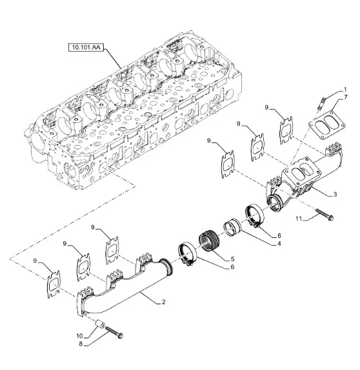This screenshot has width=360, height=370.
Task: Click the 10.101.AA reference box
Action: pos(86,48)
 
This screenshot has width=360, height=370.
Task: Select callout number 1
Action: pos(345,90)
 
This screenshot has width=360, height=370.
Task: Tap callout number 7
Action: pos(346,97)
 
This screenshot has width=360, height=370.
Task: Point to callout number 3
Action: pos(335,195)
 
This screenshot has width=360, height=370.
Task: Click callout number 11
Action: pos(299,219)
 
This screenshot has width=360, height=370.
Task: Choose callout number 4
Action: pos(279,243)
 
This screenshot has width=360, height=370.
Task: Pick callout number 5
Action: pos(232,259)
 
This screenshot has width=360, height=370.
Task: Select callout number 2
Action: pos(163,302)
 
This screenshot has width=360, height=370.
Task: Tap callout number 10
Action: pos(79,336)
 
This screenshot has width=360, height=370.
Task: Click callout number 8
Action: pos(81,344)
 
